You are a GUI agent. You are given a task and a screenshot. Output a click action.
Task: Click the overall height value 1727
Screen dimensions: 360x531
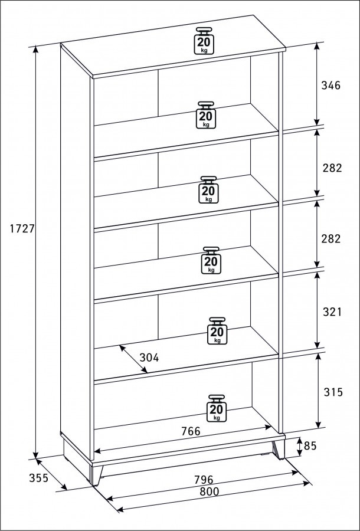coord(22,229)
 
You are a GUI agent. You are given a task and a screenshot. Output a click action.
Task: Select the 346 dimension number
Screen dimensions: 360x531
coord(330,86)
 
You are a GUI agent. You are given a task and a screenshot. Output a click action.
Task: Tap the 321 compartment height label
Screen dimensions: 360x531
coord(332,312)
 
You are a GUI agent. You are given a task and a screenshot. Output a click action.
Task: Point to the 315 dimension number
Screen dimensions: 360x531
coord(333,392)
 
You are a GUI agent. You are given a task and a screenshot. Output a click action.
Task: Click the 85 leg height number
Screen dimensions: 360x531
coord(310,446)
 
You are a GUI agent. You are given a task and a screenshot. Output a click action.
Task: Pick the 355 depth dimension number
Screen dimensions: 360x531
coord(38,478)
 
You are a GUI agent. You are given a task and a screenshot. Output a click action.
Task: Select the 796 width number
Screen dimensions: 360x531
coord(204,480)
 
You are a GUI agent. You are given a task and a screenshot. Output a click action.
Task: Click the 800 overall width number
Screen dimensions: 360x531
coord(209,491)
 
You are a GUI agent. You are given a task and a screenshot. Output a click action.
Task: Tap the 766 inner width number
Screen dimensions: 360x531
coord(191,431)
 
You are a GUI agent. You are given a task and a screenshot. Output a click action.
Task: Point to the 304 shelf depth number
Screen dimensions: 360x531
coord(149,358)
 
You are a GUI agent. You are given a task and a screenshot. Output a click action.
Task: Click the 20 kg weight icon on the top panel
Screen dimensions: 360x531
coord(204,41)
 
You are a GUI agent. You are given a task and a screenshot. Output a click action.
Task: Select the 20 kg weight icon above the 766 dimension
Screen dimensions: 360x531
coord(217,408)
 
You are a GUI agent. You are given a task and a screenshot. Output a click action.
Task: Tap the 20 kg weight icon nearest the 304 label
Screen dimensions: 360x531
coord(217,331)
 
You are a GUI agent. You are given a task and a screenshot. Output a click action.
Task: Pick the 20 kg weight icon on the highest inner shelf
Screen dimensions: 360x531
coord(206,115)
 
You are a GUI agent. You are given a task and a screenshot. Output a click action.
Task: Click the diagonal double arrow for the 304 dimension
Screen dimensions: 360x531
coord(133,359)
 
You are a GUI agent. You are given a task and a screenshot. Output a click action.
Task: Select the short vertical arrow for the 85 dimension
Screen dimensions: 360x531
coord(299,447)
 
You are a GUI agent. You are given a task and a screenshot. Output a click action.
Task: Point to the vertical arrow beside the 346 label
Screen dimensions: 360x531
coord(317,84)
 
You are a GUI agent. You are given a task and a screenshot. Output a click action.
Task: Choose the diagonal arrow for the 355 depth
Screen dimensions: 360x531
coord(51,474)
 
